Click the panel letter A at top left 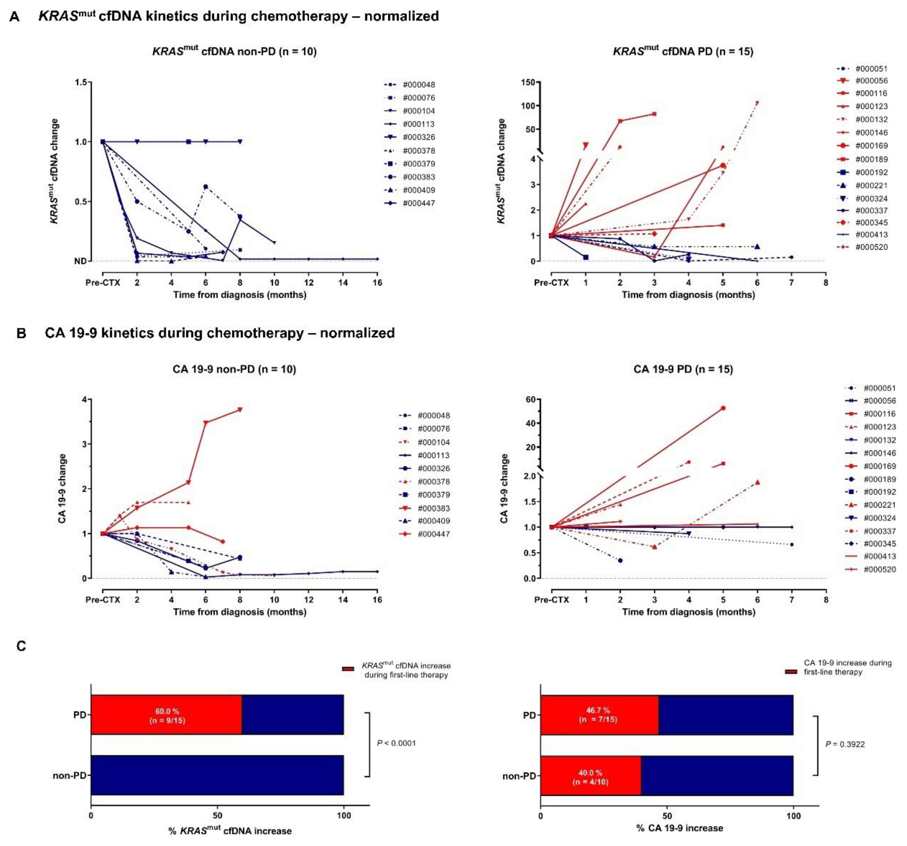pyautogui.click(x=14, y=17)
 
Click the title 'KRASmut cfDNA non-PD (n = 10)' pyautogui.click(x=234, y=51)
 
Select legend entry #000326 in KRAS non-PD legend pyautogui.click(x=418, y=137)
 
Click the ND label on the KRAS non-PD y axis pyautogui.click(x=80, y=261)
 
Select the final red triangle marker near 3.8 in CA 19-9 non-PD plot pyautogui.click(x=240, y=409)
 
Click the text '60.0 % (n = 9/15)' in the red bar pyautogui.click(x=168, y=716)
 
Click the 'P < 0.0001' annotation pyautogui.click(x=396, y=743)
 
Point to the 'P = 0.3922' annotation pyautogui.click(x=845, y=744)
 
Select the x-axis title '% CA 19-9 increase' pyautogui.click(x=679, y=828)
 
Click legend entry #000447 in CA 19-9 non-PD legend pyautogui.click(x=433, y=534)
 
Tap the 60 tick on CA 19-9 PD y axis pyautogui.click(x=530, y=399)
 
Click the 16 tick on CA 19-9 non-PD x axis pyautogui.click(x=377, y=600)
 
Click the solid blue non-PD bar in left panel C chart pyautogui.click(x=217, y=775)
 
